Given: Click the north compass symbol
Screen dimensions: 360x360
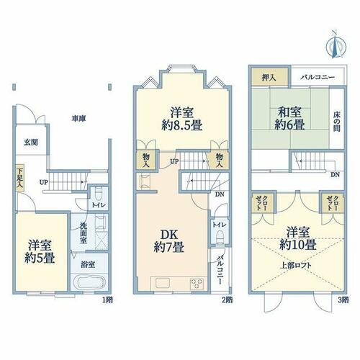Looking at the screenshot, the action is click(336, 45).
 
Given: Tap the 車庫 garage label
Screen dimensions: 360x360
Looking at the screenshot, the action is click(79, 119).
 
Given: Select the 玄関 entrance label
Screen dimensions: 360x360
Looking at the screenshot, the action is click(31, 143).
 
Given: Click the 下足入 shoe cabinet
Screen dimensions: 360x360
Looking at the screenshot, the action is click(19, 178).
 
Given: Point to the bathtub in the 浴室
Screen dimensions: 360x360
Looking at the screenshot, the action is click(89, 282).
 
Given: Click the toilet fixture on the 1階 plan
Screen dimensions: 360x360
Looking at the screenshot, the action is click(98, 194).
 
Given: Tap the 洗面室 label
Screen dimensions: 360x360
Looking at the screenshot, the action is click(84, 233).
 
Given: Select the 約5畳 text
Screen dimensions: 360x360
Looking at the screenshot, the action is click(40, 258).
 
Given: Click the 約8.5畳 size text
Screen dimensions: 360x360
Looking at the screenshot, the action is click(181, 125).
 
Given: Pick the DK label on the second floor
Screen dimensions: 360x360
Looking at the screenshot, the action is click(169, 235).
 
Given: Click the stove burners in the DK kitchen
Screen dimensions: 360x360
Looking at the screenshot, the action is click(197, 284).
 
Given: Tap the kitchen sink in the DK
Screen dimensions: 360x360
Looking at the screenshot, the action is click(163, 283).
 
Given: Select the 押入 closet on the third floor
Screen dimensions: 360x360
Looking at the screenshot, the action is click(269, 77).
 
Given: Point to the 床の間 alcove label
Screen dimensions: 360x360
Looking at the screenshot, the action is click(336, 122).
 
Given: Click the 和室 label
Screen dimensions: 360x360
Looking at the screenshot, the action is click(289, 112).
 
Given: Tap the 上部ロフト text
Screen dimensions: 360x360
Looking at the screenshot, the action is click(296, 266).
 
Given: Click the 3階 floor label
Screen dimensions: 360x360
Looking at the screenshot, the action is click(343, 300).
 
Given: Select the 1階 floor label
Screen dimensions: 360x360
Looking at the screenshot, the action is click(107, 300).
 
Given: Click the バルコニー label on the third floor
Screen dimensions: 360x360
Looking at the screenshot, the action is click(318, 77).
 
